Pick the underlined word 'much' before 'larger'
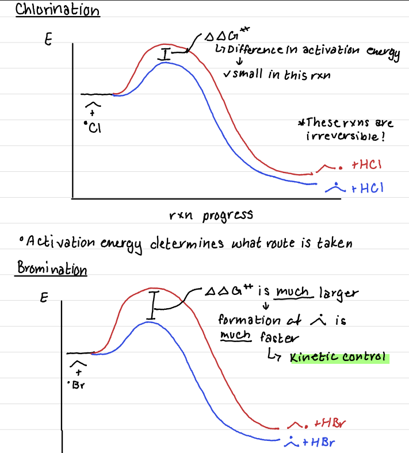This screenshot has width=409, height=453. coord(294,293)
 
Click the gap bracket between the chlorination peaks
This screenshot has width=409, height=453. coord(166,55)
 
